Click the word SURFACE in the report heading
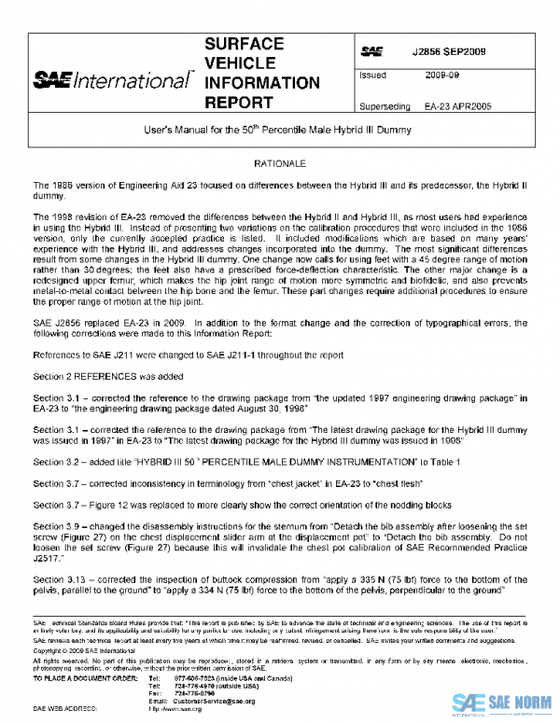[x=244, y=44]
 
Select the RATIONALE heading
[x=280, y=163]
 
